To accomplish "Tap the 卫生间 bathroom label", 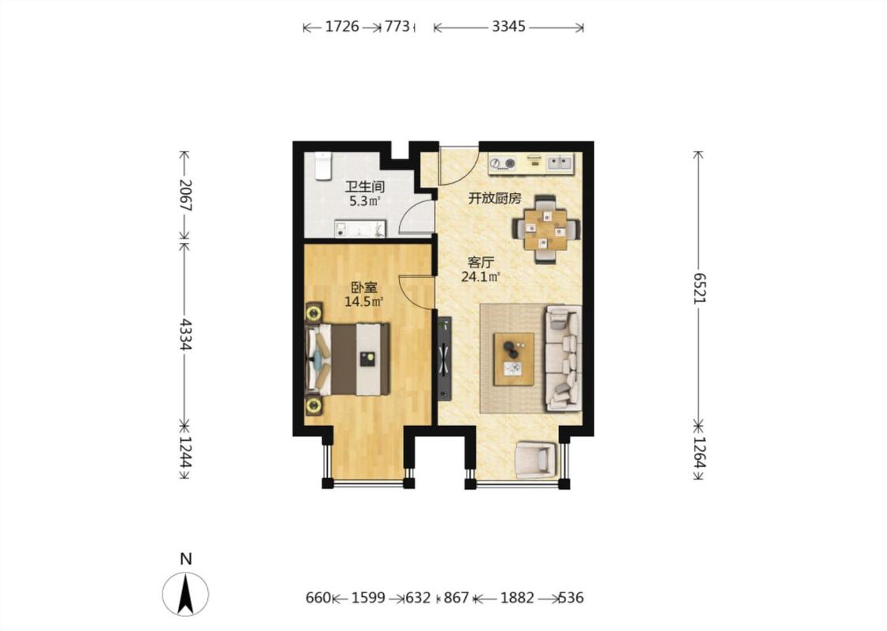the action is pyautogui.click(x=365, y=186).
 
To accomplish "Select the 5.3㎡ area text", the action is pyautogui.click(x=365, y=201).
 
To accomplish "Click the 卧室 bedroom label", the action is pyautogui.click(x=363, y=287).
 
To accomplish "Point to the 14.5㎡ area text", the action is pyautogui.click(x=363, y=301).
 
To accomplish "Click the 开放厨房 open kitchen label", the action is pyautogui.click(x=495, y=199).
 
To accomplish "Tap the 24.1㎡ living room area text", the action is pyautogui.click(x=481, y=277).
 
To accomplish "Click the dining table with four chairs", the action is pyautogui.click(x=546, y=230).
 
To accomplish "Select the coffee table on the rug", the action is pyautogui.click(x=513, y=359).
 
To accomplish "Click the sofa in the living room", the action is pyautogui.click(x=564, y=358).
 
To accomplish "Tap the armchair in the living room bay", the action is pyautogui.click(x=535, y=459).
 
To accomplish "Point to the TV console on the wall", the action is pyautogui.click(x=445, y=358).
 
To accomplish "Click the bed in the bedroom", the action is pyautogui.click(x=348, y=359).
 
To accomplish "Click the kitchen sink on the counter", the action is pyautogui.click(x=560, y=163).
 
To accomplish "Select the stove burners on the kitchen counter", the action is pyautogui.click(x=502, y=163).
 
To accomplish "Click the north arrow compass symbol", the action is pyautogui.click(x=185, y=594).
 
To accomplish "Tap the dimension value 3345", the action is pyautogui.click(x=509, y=27).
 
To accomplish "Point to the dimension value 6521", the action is pyautogui.click(x=700, y=288).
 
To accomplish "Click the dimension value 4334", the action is pyautogui.click(x=185, y=334).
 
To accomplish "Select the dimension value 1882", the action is pyautogui.click(x=517, y=598).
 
